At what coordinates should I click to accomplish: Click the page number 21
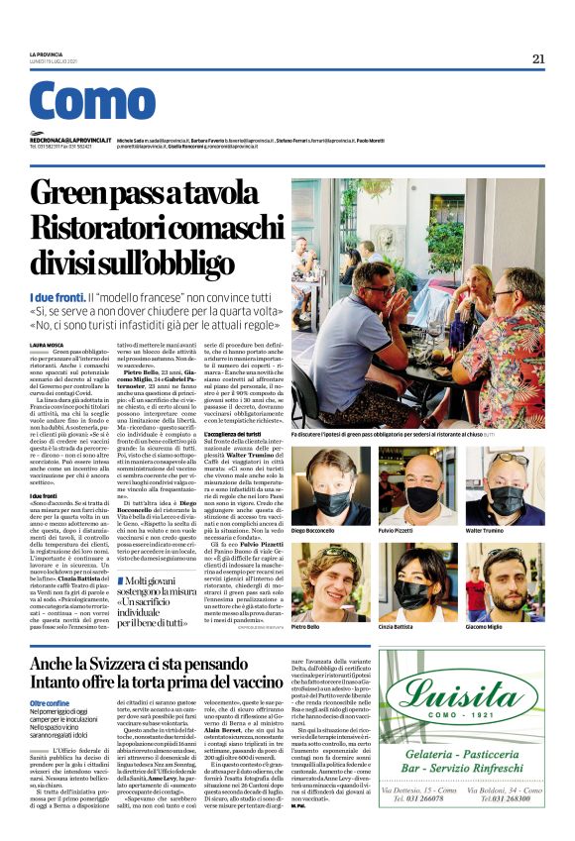[x=538, y=58]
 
